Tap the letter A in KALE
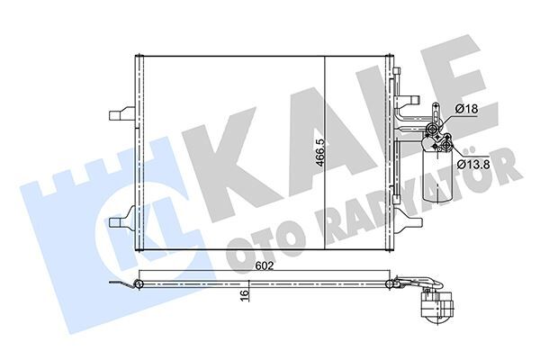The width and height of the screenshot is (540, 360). click(297, 126)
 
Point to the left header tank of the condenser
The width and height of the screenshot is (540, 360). click(139, 153)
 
